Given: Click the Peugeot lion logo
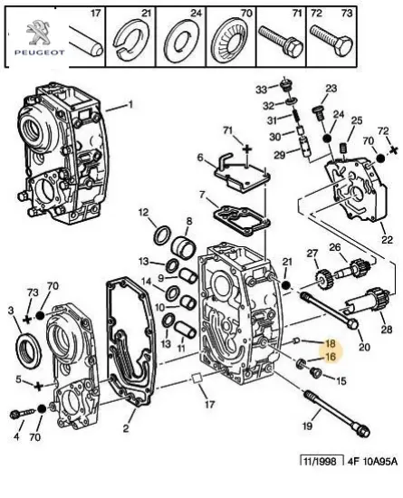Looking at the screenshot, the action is [x=37, y=32].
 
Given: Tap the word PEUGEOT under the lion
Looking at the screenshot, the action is [x=39, y=53].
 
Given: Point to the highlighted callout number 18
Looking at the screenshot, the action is [x=331, y=343].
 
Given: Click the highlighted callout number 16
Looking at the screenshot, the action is [x=331, y=357].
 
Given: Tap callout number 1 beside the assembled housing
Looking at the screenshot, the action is [x=130, y=105].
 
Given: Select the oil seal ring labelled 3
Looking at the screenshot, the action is [x=28, y=350].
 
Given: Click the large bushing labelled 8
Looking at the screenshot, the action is [x=183, y=248].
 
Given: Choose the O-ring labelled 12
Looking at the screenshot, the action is [x=162, y=235].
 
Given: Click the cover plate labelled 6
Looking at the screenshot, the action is [x=242, y=174].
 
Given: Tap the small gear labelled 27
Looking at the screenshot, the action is [x=324, y=280].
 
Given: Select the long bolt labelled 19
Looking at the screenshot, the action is [x=337, y=414].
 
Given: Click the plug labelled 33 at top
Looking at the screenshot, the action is [x=286, y=85].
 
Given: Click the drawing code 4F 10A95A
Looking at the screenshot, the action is [x=372, y=461].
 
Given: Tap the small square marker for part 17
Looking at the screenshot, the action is [x=197, y=378].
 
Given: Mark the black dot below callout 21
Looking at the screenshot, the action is [x=286, y=285].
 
